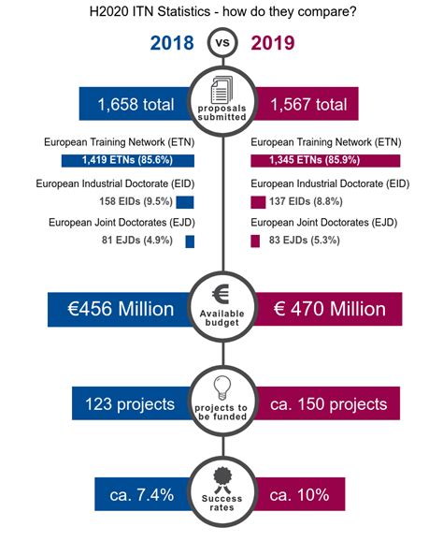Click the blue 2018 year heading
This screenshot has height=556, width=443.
click(x=172, y=43)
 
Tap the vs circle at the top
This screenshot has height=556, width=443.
click(x=222, y=42)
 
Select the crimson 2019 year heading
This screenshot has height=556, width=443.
click(x=273, y=43)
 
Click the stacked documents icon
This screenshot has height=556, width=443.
click(x=222, y=90)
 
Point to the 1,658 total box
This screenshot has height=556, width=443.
click(x=136, y=104)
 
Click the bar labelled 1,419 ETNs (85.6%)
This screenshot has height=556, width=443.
click(x=128, y=160)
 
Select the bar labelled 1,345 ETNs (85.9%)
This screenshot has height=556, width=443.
click(x=325, y=160)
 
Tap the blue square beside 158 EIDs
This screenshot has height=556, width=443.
click(x=185, y=202)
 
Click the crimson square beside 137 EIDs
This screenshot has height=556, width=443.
click(x=258, y=202)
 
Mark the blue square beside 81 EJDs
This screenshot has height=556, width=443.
click(x=190, y=241)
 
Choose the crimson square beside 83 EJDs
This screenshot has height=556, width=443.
click(x=255, y=241)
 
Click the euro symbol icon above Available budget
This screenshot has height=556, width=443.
click(x=221, y=294)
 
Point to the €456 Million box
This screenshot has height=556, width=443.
click(x=121, y=309)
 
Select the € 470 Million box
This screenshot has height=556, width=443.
click(x=327, y=309)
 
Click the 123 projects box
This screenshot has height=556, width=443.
click(x=132, y=403)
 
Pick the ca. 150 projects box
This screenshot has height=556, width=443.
click(x=326, y=403)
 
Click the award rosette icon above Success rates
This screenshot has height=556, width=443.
click(x=222, y=480)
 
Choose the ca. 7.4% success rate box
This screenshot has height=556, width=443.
click(x=143, y=494)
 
